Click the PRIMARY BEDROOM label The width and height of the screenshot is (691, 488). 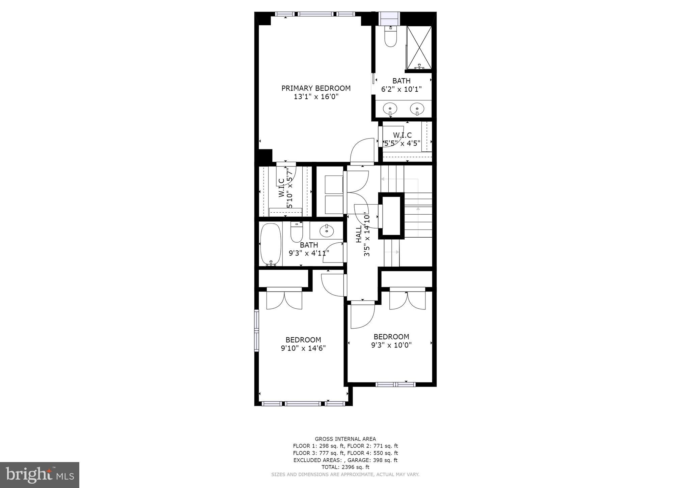316,88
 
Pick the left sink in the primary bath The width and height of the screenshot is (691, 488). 390,109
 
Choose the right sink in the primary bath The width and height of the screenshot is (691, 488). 417,109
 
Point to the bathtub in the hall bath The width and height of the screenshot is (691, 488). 271,244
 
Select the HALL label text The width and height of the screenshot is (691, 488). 359,234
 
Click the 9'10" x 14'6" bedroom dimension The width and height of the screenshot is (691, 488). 303,348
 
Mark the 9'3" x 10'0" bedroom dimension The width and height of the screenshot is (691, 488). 391,345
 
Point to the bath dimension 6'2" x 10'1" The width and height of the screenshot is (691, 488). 402,89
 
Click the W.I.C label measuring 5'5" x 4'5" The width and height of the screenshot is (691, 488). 402,135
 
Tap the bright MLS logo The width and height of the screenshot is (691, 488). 40,475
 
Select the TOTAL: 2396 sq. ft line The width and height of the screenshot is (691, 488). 345,467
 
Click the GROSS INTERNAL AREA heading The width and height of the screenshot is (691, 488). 345,439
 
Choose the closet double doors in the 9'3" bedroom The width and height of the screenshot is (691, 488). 407,299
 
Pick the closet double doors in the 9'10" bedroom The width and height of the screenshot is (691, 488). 284,299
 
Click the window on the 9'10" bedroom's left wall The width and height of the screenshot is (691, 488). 256,331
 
